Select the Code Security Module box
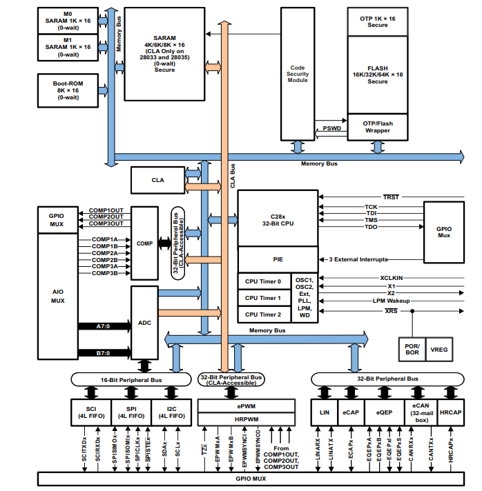tap(298, 72)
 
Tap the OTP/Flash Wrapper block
tap(377, 128)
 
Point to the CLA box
tap(157, 179)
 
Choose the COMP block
tap(144, 243)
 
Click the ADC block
tap(144, 322)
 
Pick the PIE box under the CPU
tap(277, 259)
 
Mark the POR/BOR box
tap(411, 350)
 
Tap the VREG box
tap(439, 350)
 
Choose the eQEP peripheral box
tap(384, 412)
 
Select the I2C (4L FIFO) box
tap(171, 412)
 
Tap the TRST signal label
tap(391, 197)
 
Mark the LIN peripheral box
tap(324, 412)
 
